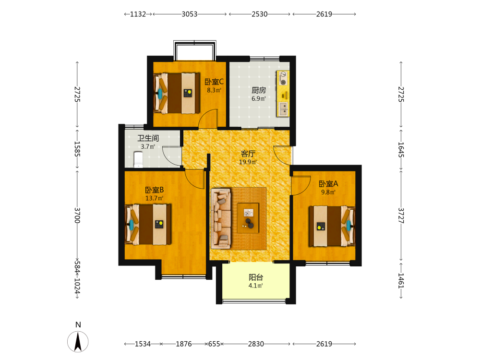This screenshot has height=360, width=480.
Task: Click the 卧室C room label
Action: coord(214,82)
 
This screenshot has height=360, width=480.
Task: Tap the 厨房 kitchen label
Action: coord(259,90)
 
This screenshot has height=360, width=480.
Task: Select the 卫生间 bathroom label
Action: coord(148,138)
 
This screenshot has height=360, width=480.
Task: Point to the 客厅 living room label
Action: coord(248,154)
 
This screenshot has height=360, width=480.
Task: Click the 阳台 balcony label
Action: coord(256,277)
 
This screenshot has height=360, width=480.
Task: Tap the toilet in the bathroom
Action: coord(138,160)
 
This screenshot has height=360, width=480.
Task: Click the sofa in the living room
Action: coord(221,218)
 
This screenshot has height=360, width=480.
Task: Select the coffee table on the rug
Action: coord(248,217)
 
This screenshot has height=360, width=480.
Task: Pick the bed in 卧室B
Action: coord(148,224)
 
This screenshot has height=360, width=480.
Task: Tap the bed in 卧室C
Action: coord(177,93)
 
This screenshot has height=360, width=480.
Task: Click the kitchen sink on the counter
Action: coord(284,109)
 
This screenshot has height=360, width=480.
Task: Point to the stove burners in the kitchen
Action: coord(283,78)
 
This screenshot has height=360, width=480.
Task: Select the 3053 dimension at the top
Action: coord(190,14)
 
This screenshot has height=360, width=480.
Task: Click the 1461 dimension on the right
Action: coord(401,280)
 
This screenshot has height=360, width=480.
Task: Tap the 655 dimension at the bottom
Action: coord(214,344)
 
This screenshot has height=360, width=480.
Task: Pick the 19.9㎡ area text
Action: coord(248,162)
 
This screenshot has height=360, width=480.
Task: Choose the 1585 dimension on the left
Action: coord(77,149)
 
